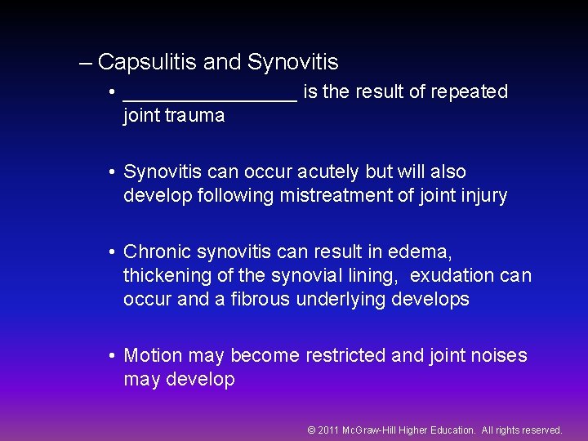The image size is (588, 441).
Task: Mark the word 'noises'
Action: click(x=498, y=356)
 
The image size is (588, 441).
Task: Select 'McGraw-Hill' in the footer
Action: click(x=372, y=430)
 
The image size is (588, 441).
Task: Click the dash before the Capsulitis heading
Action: click(x=87, y=62)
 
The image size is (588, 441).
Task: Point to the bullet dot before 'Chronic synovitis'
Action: click(x=111, y=253)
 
